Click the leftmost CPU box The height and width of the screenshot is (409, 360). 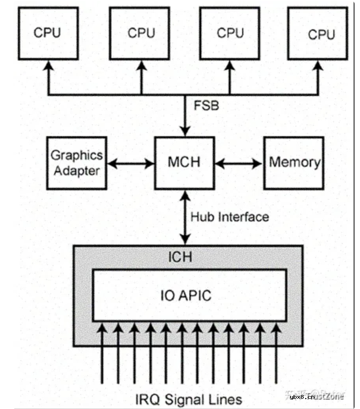point(48,33)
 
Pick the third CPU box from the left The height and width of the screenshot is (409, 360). point(229,33)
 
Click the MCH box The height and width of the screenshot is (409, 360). point(184,163)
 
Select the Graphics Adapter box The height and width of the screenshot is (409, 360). point(77,163)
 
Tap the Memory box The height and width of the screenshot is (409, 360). point(294,163)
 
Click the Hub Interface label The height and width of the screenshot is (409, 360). point(230,217)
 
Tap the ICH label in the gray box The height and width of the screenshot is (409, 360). point(180,257)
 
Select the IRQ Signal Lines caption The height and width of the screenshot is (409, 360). point(189,400)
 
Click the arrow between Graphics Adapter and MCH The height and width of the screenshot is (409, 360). point(130,163)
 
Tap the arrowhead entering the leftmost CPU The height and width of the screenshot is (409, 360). point(48,66)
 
